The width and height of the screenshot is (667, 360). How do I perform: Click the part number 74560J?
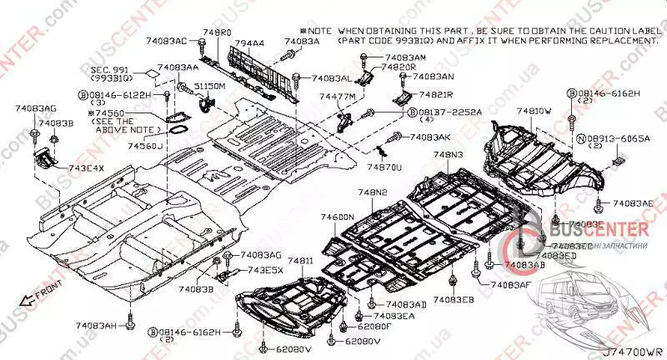click(146, 146)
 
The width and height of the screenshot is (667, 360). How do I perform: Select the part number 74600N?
click(338, 217)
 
